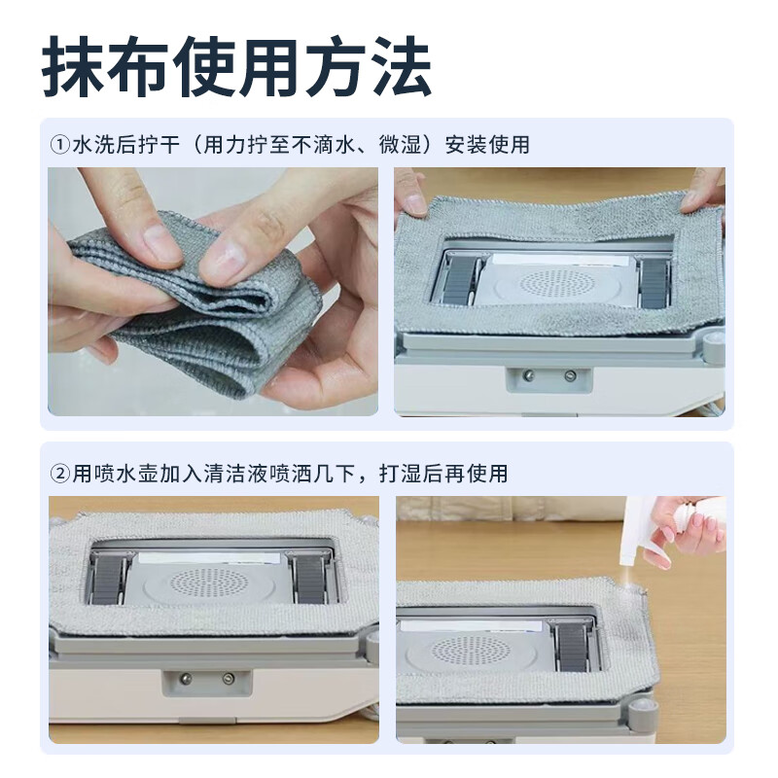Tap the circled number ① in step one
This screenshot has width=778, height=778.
(x=59, y=145)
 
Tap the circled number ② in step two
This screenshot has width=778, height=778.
(x=59, y=474)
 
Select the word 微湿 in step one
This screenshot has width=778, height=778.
(x=394, y=145)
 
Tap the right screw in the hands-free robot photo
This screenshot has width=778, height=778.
(x=228, y=678)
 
